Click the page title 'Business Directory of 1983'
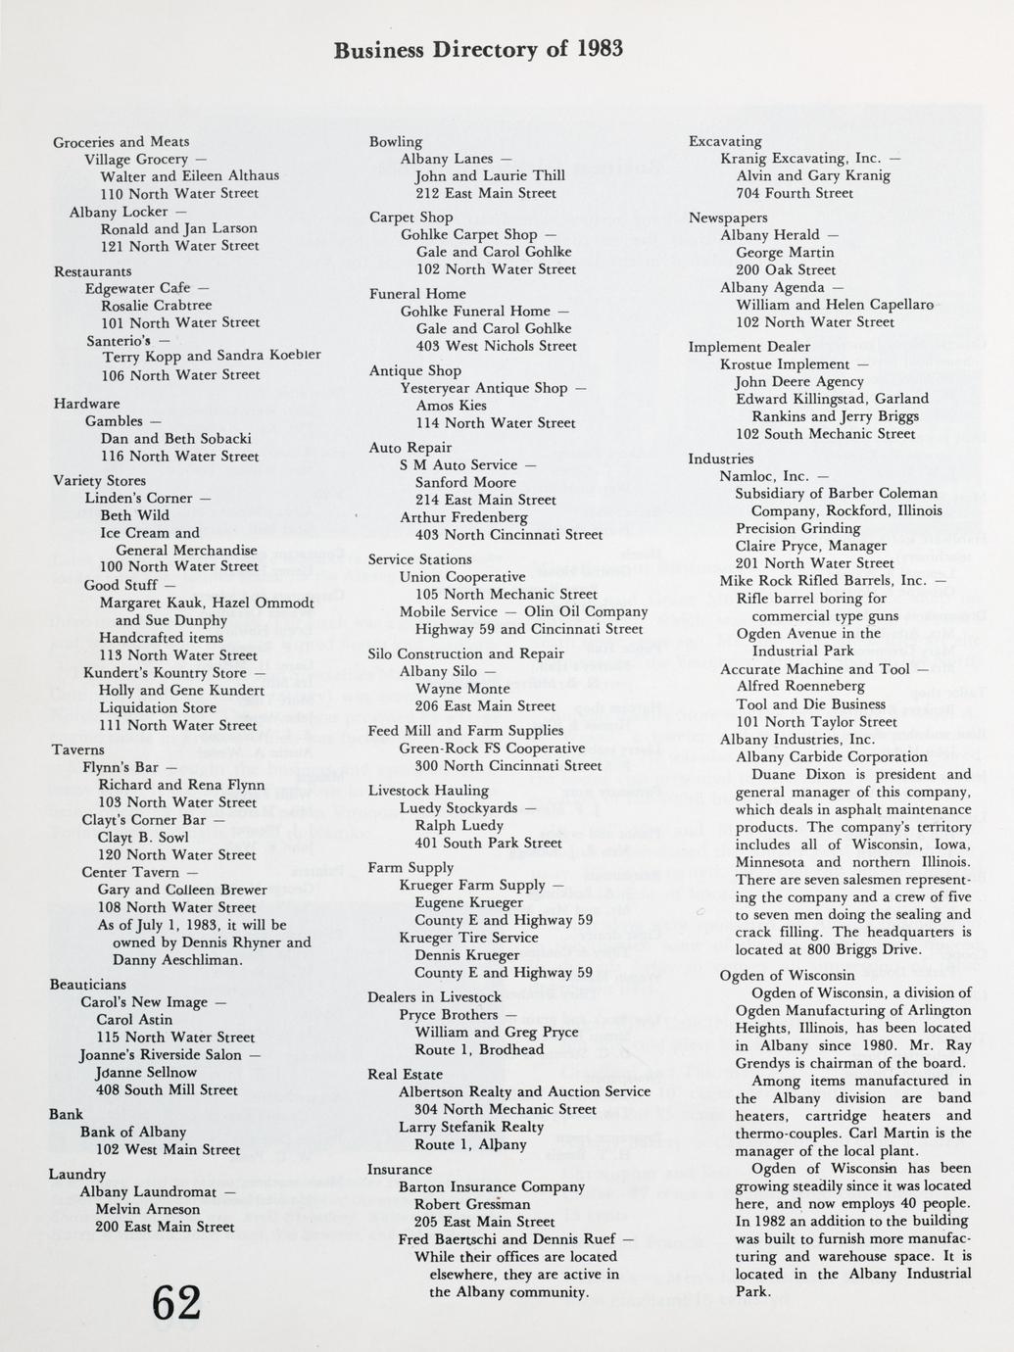478,50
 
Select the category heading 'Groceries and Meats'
121,142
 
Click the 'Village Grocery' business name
136,159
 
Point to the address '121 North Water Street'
179,246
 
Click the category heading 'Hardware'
87,404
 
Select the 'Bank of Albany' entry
133,1132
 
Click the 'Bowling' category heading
396,142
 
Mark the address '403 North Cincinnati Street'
508,534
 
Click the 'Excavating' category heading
725,142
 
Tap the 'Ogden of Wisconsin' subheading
787,975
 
